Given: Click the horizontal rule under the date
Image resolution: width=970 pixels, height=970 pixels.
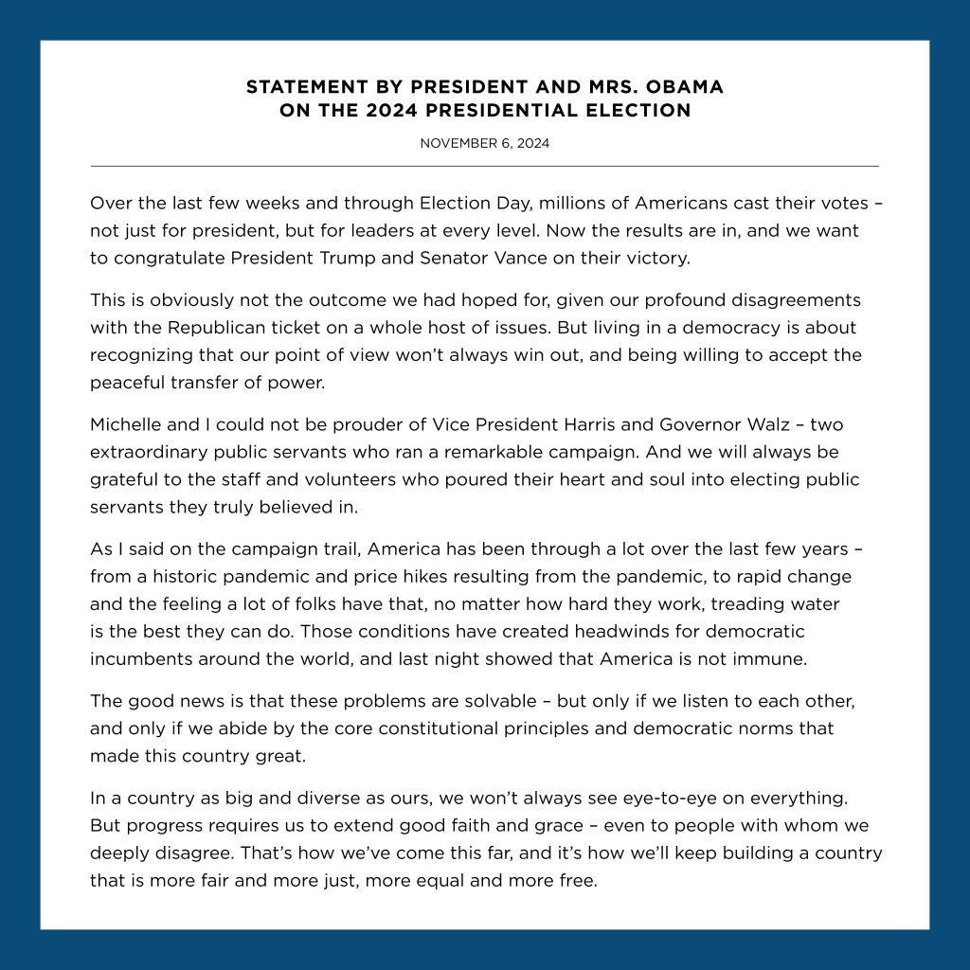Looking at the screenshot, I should [x=485, y=167].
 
